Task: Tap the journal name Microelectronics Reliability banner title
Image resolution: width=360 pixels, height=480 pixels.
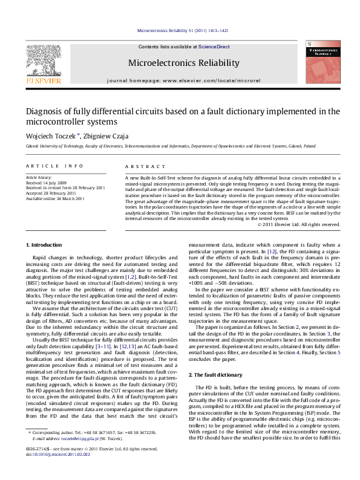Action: [180, 63]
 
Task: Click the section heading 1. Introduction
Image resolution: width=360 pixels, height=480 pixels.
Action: [46, 245]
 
